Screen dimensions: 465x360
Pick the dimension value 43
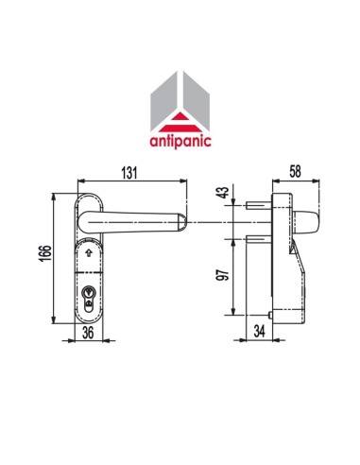click(x=223, y=194)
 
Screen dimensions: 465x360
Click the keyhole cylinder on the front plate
click(x=89, y=296)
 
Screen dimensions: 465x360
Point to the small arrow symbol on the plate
click(x=89, y=254)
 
